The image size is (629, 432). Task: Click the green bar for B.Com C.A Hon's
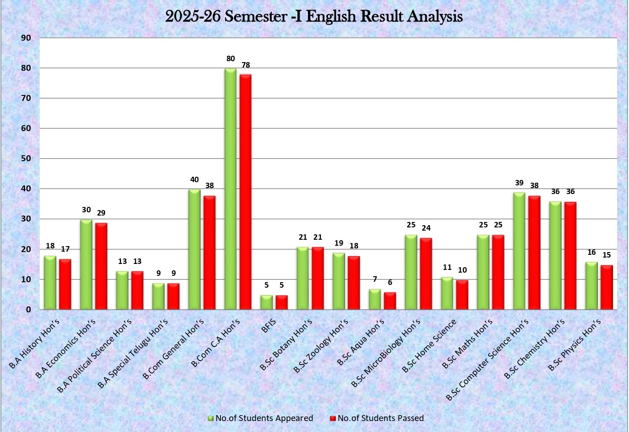[231, 189]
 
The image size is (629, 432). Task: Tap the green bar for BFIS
[266, 302]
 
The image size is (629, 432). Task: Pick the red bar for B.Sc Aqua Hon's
[390, 301]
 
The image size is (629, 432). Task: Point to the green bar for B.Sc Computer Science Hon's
[519, 251]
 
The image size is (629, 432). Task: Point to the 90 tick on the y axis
[26, 38]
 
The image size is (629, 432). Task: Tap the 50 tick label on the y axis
[26, 158]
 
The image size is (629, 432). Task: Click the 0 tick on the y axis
[28, 309]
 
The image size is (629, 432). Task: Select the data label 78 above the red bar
[246, 65]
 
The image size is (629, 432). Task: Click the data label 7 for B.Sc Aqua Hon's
[375, 279]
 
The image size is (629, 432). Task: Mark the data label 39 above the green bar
[519, 183]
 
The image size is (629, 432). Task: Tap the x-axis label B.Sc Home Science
[429, 346]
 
